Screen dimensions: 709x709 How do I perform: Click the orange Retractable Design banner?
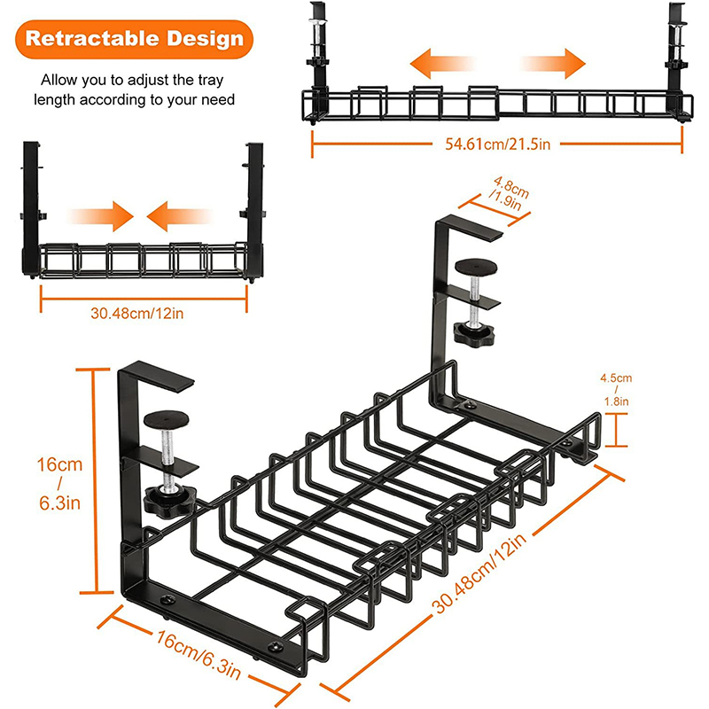(x=132, y=38)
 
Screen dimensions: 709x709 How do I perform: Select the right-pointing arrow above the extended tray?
(x=555, y=65)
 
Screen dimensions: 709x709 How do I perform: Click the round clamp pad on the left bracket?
(x=166, y=418)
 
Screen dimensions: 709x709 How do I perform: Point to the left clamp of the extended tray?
(x=318, y=53)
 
